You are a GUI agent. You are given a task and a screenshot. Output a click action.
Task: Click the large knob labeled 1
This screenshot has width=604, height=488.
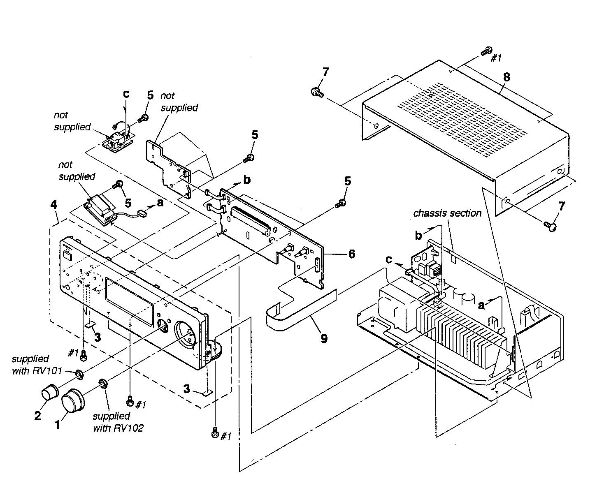72,400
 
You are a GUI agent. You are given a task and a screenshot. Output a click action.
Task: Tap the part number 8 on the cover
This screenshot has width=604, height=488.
506,77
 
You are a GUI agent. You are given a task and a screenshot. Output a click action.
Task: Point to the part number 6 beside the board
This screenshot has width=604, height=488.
351,254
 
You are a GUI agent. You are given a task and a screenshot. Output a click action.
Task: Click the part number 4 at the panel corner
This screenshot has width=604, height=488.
54,204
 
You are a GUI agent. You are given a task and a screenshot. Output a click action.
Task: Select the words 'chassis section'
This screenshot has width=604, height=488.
447,213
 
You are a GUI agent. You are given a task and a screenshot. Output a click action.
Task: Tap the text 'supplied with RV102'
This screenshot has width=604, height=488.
118,422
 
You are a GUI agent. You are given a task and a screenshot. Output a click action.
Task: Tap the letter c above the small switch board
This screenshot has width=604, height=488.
126,93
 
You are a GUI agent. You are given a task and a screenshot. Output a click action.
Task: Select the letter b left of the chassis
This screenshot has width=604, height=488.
418,235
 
